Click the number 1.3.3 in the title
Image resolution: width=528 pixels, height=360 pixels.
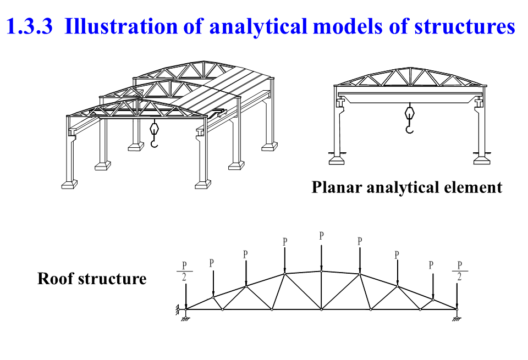(x=29, y=26)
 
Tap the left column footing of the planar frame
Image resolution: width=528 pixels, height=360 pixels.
(x=337, y=160)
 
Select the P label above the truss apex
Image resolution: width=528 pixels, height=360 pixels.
(x=322, y=236)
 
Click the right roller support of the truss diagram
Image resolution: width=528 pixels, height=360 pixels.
(x=457, y=314)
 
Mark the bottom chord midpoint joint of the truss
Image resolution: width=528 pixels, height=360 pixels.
(x=322, y=309)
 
